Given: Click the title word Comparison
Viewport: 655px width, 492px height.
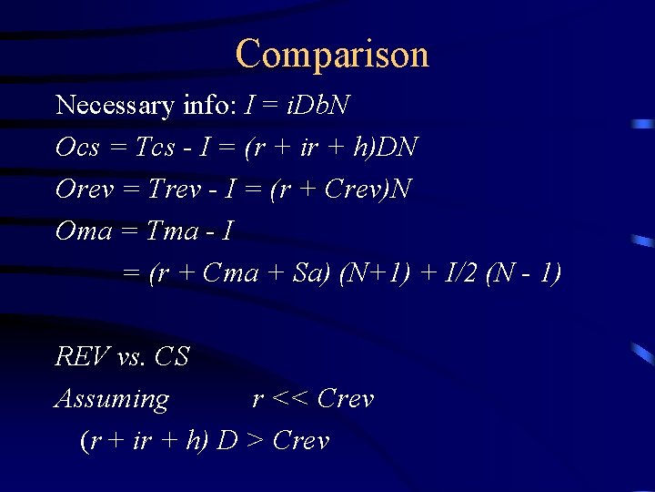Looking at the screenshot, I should coord(332,55).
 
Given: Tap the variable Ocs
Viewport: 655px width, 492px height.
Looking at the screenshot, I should coord(77,148).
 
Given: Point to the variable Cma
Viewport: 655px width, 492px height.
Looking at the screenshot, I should coord(231,273).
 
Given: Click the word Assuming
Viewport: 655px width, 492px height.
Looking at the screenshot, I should coord(112,399).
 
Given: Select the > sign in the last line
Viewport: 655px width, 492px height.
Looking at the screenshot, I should coord(255,442).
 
